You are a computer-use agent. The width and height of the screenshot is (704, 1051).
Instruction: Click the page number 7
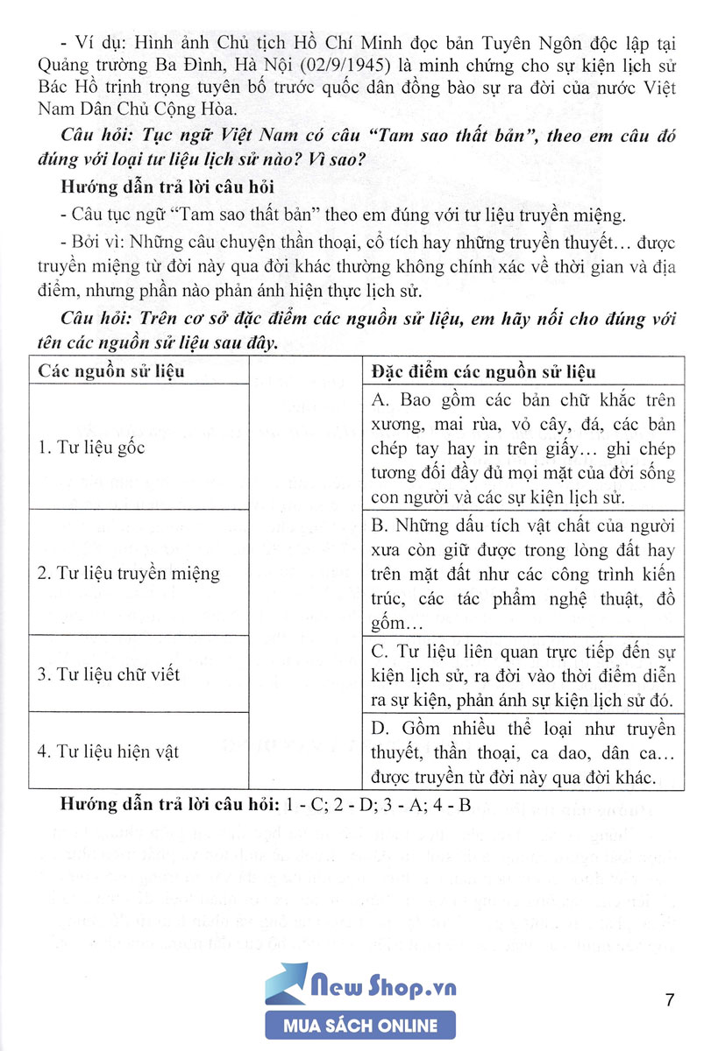(670, 999)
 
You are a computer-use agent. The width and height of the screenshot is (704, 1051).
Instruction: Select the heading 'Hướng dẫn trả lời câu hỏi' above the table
(168, 187)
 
